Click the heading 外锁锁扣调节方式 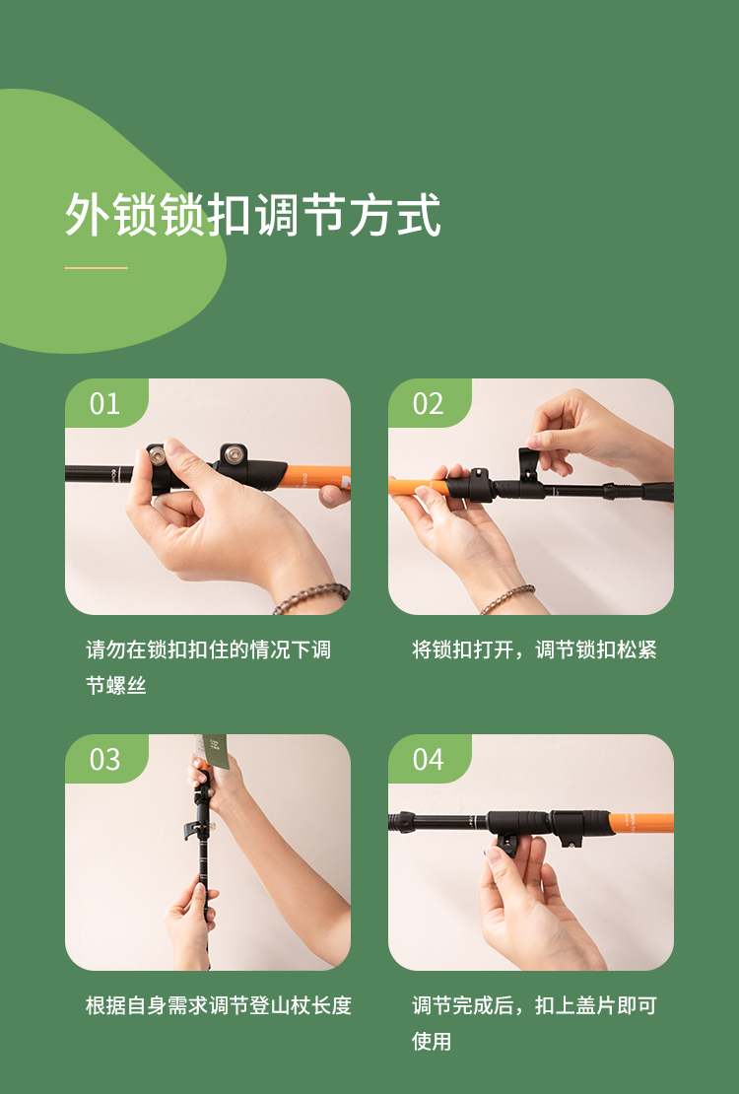click(252, 214)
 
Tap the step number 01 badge click(104, 404)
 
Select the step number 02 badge click(428, 404)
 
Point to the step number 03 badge click(104, 759)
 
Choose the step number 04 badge click(428, 759)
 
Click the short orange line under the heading click(97, 267)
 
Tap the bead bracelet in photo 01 click(311, 598)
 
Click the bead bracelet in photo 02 click(506, 598)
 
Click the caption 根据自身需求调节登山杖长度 click(219, 1005)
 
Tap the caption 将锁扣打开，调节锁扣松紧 click(534, 650)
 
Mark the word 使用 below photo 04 click(432, 1041)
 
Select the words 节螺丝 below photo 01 click(116, 685)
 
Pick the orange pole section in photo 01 click(315, 478)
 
